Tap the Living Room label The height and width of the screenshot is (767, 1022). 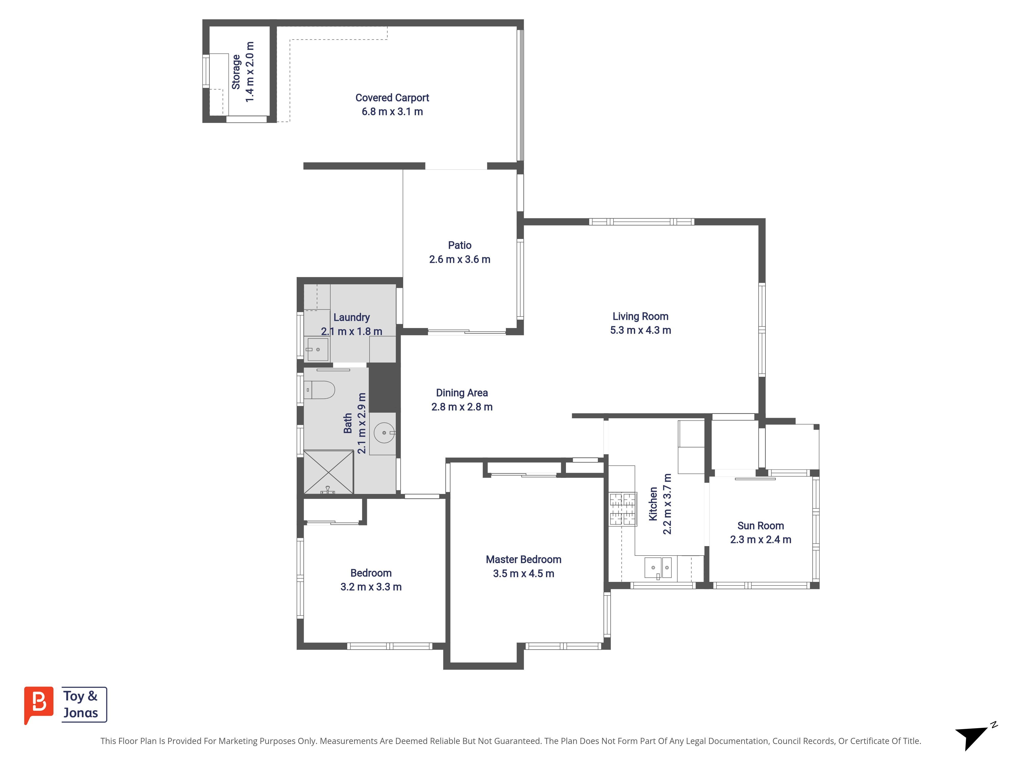640,316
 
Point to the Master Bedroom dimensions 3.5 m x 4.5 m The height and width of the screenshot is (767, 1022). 524,573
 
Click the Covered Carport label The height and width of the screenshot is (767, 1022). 392,98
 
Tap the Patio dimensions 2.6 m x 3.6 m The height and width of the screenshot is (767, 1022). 460,259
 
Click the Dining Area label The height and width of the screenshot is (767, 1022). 462,392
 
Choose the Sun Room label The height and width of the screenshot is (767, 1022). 760,526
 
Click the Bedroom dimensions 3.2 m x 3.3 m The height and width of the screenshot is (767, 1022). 371,587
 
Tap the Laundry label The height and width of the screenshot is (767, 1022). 352,318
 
